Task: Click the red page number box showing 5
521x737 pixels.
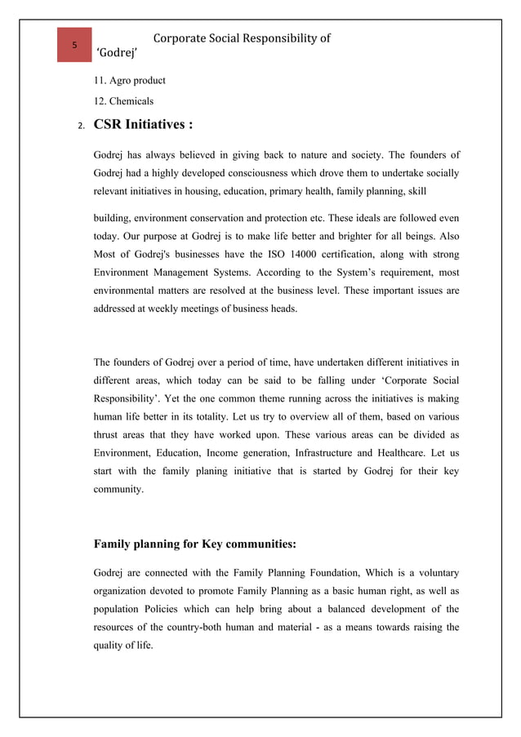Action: tap(74, 45)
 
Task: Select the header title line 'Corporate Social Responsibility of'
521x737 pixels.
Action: tap(241, 38)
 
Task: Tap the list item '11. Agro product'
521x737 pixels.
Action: tap(130, 81)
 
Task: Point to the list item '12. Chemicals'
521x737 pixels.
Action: tap(124, 101)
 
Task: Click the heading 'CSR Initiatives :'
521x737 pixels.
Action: tap(144, 126)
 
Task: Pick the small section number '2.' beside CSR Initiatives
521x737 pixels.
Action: tap(81, 127)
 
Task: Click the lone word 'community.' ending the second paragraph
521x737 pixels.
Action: tap(118, 490)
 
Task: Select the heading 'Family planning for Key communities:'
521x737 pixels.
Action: tap(195, 544)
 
